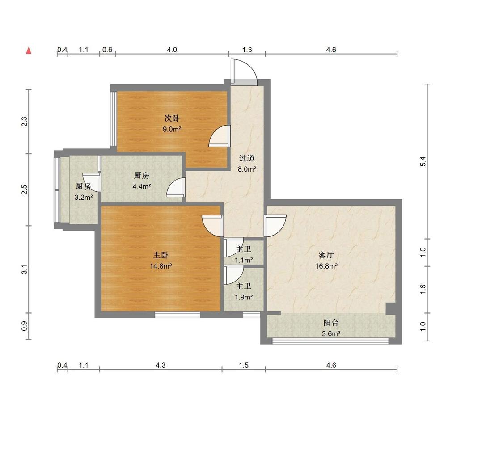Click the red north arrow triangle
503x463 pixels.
click(x=29, y=51)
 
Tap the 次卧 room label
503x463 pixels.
click(x=172, y=118)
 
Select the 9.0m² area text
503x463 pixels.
click(x=172, y=130)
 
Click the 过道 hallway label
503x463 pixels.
click(x=247, y=158)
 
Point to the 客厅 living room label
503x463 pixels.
click(x=326, y=255)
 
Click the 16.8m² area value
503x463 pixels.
click(x=326, y=266)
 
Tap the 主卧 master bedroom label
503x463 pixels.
click(x=161, y=255)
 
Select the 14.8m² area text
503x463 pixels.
click(x=161, y=266)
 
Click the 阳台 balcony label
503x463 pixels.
click(x=331, y=323)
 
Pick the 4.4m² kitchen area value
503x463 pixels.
click(x=142, y=187)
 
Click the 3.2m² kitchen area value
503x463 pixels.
click(x=84, y=198)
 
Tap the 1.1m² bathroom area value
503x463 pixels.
click(x=244, y=260)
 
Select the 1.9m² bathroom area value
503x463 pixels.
click(x=244, y=297)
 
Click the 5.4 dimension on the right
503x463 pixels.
click(x=423, y=161)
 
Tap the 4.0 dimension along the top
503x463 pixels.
click(x=172, y=50)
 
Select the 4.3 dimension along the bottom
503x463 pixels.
click(x=161, y=365)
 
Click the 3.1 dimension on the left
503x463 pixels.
click(x=25, y=269)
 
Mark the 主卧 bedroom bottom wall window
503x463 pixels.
click(x=178, y=315)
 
